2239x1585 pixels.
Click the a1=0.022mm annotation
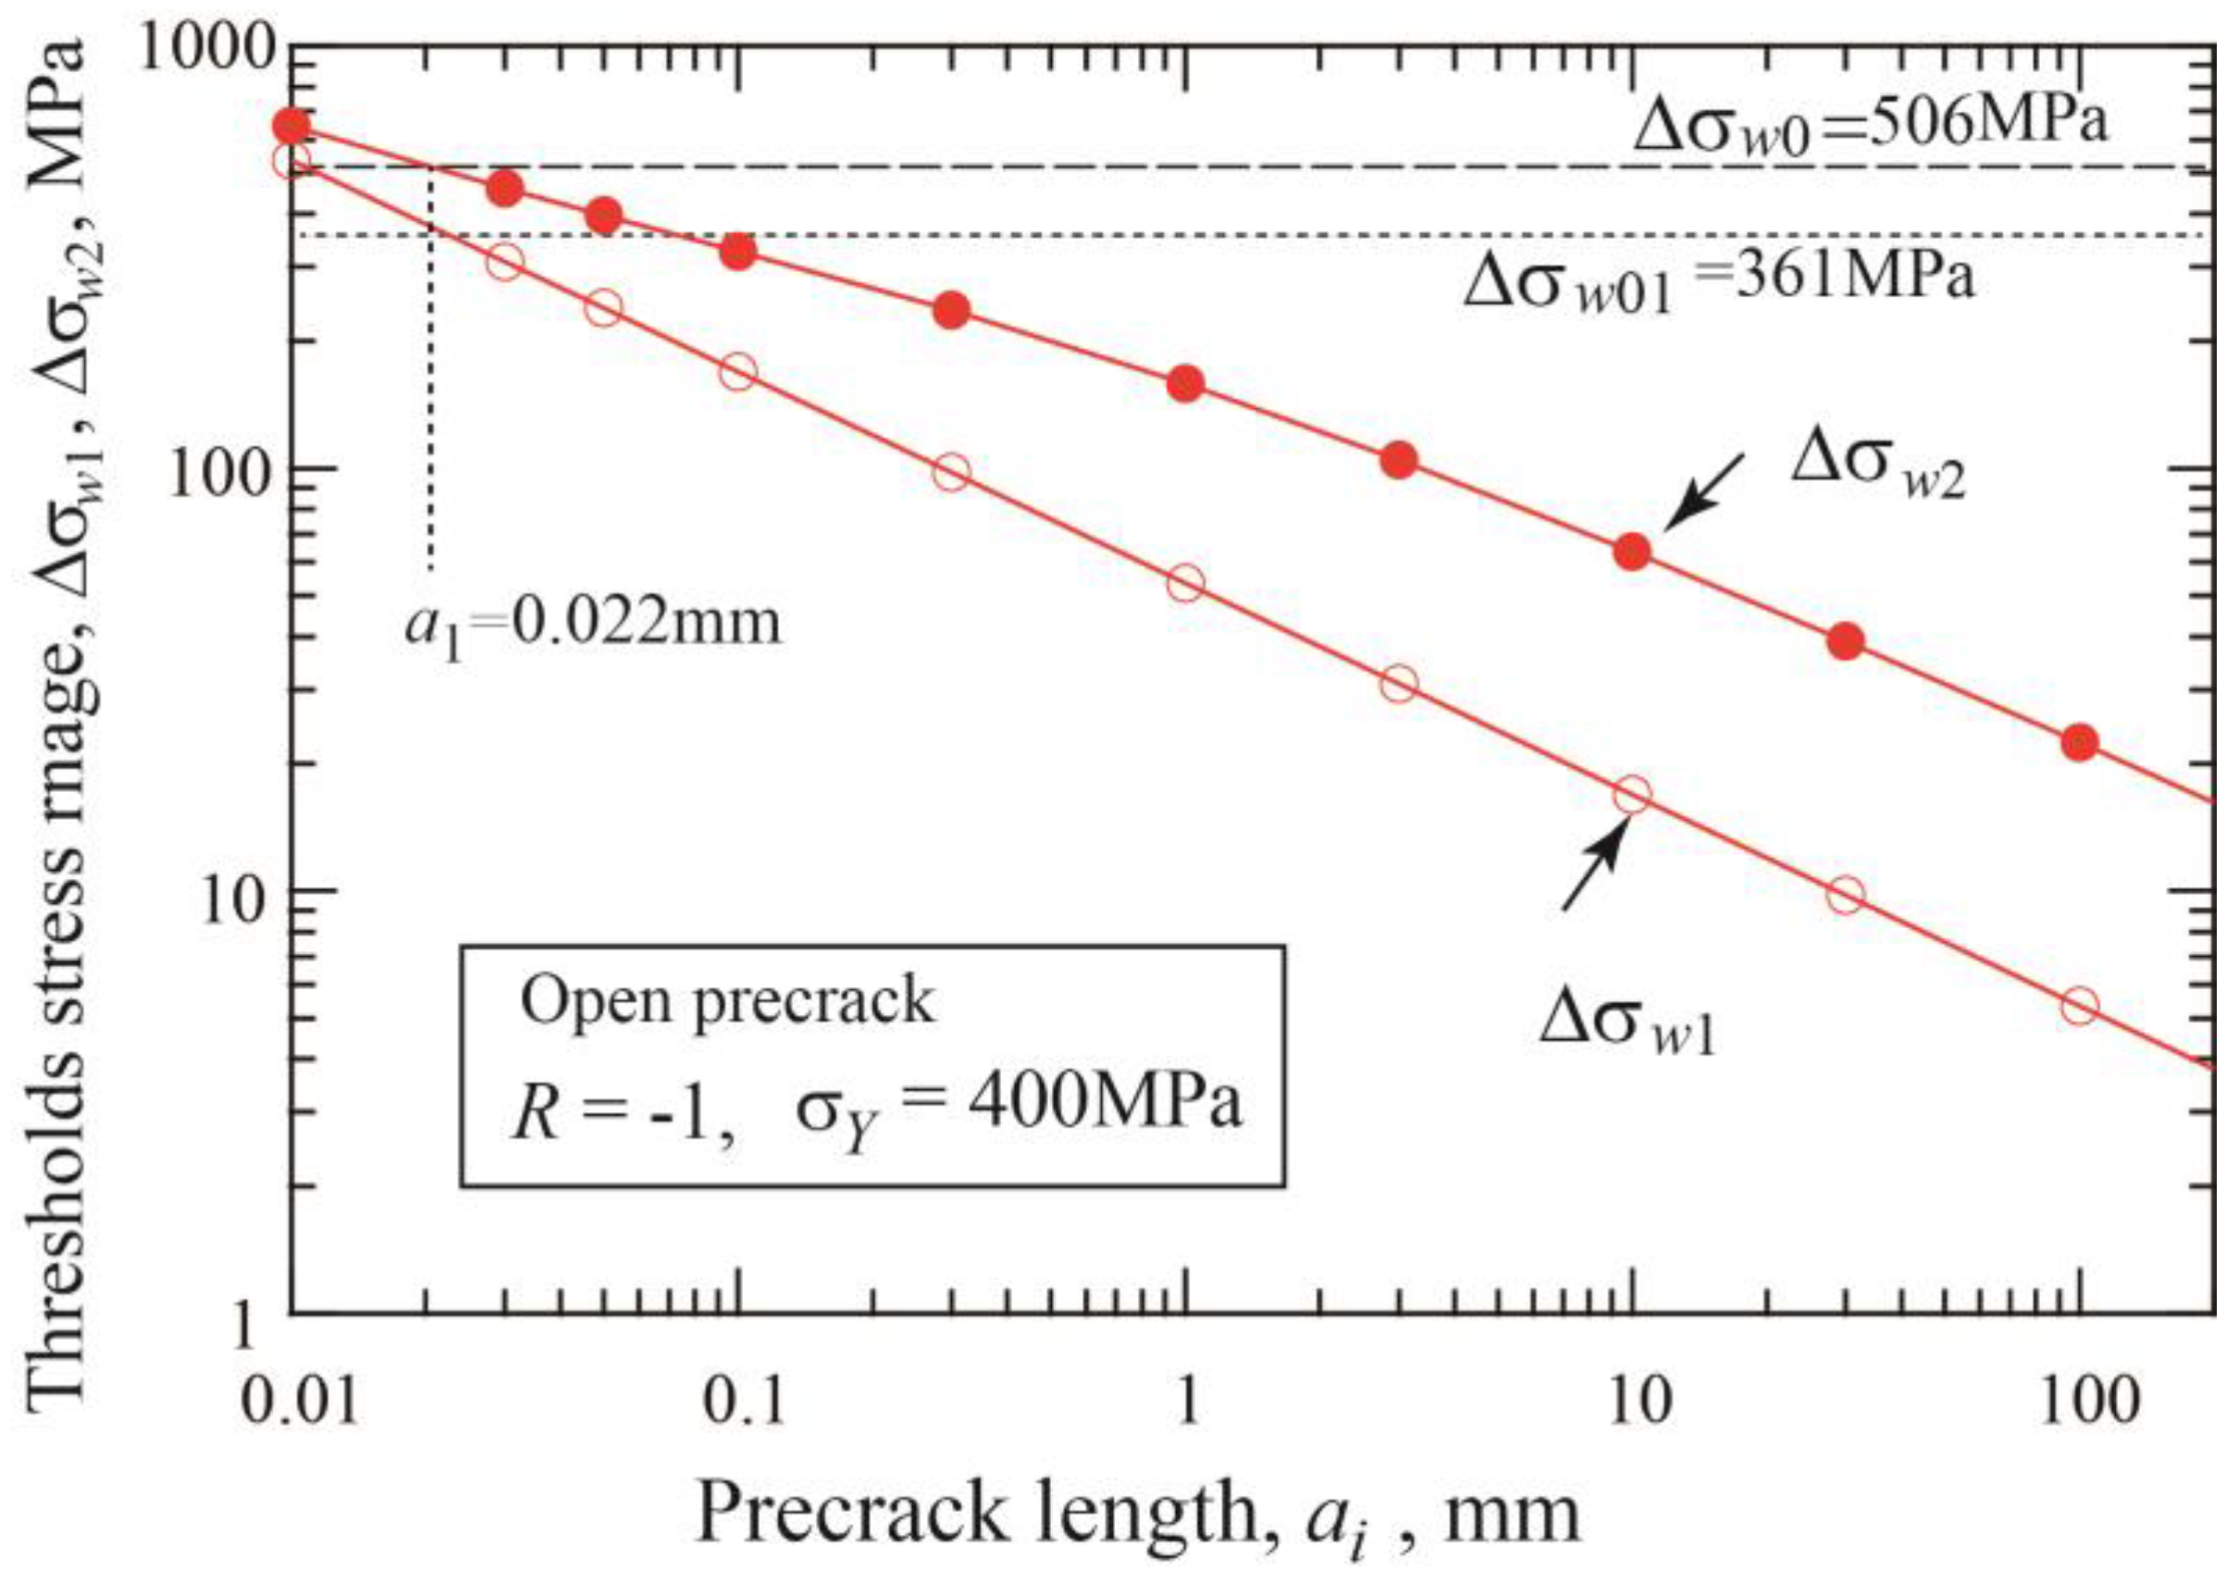593,624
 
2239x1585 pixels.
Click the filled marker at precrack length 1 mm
1185,384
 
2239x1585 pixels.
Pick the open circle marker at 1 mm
1185,583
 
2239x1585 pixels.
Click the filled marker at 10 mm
1632,551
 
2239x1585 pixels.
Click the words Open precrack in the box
726,1001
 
